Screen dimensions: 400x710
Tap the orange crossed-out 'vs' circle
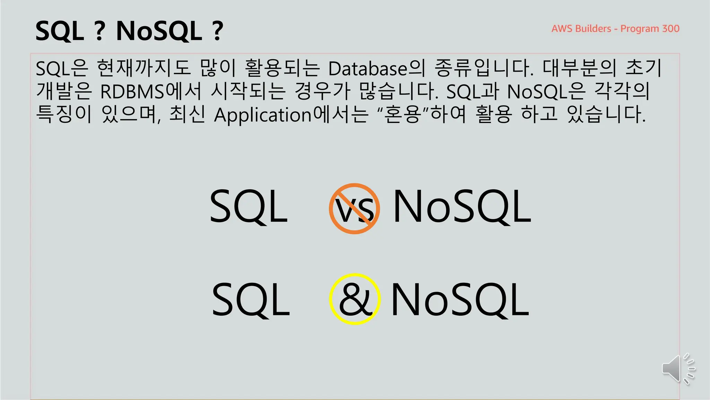click(x=354, y=209)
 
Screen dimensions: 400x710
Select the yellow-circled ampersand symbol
click(x=355, y=299)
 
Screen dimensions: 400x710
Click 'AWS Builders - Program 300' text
click(x=615, y=28)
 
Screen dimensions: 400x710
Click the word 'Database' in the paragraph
click(x=368, y=69)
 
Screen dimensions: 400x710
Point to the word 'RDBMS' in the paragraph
click(x=132, y=92)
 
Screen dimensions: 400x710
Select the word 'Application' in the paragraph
click(x=263, y=115)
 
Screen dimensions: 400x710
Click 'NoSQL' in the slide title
click(x=159, y=31)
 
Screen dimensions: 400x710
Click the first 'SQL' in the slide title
click(x=60, y=31)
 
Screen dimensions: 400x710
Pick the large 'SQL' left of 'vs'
click(x=249, y=207)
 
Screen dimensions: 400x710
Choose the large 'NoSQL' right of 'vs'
click(x=462, y=207)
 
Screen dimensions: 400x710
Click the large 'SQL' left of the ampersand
click(x=251, y=300)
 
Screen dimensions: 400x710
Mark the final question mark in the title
click(x=217, y=31)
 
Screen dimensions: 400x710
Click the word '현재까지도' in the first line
click(x=144, y=68)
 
